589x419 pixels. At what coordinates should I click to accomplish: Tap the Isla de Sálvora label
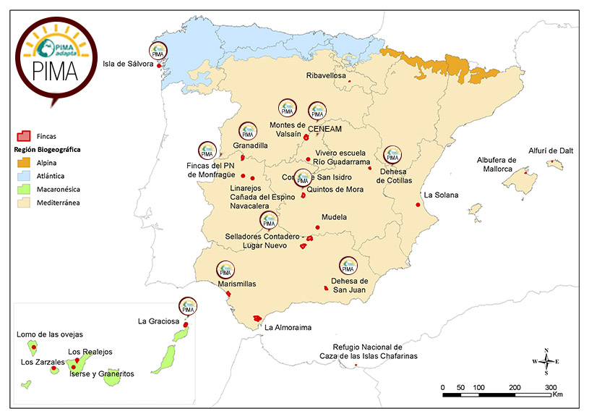pos(128,64)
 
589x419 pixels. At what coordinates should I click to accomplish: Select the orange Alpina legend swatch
pos(24,163)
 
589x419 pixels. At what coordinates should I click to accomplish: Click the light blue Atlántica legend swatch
pos(24,176)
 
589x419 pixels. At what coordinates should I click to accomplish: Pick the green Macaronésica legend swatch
pos(24,189)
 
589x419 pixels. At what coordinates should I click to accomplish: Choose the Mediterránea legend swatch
pos(24,202)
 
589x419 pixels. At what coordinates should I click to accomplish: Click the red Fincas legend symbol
pos(24,135)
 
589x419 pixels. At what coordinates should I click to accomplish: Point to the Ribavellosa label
pos(326,75)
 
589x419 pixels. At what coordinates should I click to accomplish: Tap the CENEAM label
pos(324,129)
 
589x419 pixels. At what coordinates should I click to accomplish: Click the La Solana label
pos(441,195)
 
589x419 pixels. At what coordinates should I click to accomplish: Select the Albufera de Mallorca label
pos(496,164)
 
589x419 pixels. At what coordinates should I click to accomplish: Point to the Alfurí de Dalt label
pos(550,151)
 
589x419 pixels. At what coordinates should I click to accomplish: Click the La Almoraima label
pos(288,328)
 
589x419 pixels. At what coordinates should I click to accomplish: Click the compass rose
pos(546,361)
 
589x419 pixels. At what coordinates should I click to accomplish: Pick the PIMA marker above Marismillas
pos(225,269)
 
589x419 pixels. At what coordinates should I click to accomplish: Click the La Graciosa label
pos(158,321)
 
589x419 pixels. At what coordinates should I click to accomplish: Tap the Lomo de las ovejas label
pos(50,334)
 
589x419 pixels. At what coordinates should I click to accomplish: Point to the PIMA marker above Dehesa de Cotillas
pos(392,154)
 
